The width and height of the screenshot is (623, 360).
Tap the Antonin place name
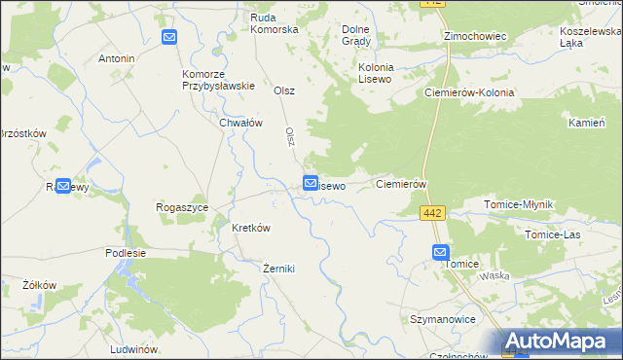click(x=117, y=58)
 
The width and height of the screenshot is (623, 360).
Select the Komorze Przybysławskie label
click(x=218, y=79)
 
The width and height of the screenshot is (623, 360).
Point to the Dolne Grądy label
click(x=362, y=36)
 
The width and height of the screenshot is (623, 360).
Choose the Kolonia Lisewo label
click(x=375, y=72)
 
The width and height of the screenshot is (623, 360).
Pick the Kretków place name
click(x=250, y=228)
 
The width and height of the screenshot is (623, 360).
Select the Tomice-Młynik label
click(x=519, y=204)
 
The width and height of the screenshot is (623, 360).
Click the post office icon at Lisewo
click(x=310, y=182)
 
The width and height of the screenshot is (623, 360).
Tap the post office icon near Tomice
click(x=440, y=252)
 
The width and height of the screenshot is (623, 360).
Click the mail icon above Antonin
click(x=170, y=38)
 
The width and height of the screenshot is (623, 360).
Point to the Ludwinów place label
click(x=134, y=348)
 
